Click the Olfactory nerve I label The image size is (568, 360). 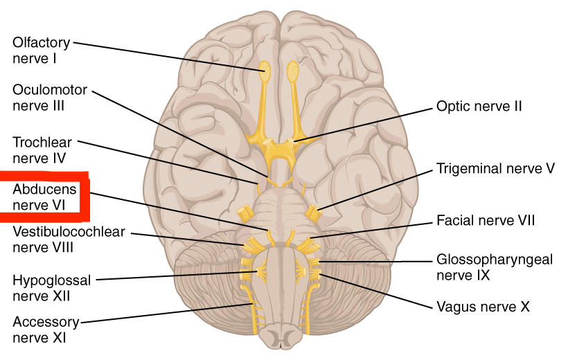(41, 51)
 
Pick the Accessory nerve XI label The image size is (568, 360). (46, 330)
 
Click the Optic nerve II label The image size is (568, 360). (479, 107)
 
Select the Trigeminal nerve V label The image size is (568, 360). (495, 168)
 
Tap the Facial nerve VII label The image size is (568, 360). (486, 221)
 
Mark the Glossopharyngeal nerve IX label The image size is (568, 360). (495, 267)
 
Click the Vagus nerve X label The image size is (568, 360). (477, 305)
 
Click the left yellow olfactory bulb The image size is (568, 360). (265, 69)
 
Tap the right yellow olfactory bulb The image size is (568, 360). (293, 69)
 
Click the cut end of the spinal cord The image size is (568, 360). (280, 339)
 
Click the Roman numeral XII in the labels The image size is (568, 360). (60, 296)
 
